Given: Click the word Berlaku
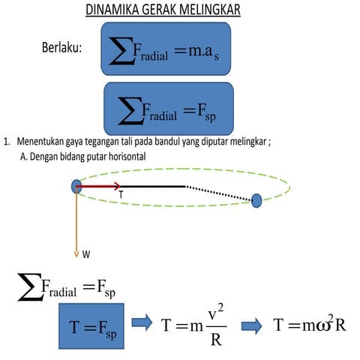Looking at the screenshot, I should [62, 48].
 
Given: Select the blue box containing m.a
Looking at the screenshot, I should [166, 49].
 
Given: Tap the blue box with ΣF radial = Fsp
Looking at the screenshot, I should [169, 108].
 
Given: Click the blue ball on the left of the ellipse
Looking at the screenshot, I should [76, 186].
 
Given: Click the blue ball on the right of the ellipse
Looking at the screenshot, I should [256, 199].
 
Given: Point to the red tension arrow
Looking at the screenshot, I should [101, 186].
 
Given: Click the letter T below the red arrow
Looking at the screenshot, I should [120, 195].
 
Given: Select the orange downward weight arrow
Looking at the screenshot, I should [76, 225].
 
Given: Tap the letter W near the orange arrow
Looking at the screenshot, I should [87, 254].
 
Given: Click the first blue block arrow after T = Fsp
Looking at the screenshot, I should [142, 323].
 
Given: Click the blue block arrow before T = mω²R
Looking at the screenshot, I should [251, 324].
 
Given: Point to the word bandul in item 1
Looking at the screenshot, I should [160, 142].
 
